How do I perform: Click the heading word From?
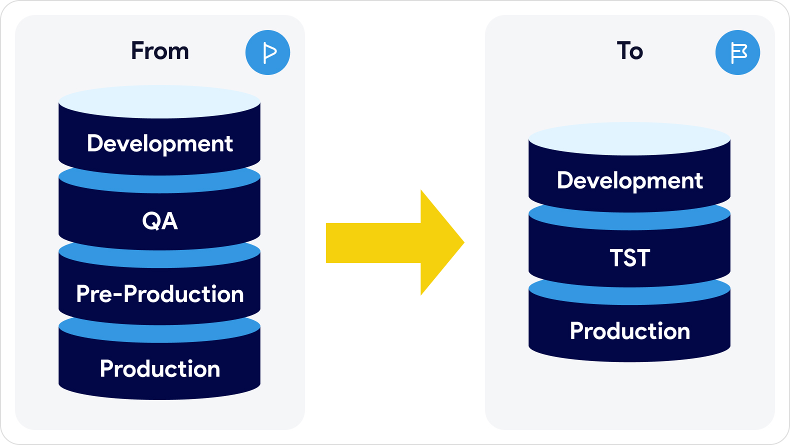(x=160, y=51)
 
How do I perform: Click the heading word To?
(x=629, y=51)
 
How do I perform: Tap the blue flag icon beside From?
(x=268, y=52)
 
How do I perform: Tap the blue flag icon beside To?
(x=738, y=52)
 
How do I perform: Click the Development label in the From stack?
(x=160, y=143)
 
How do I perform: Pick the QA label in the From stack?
(x=160, y=220)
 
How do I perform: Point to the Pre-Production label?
(x=160, y=294)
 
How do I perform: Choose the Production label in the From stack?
(x=160, y=369)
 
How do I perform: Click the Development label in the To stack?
(x=629, y=180)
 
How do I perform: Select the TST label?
(x=629, y=258)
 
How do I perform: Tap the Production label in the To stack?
(x=629, y=331)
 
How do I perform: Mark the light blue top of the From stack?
(x=160, y=102)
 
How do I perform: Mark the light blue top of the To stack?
(x=629, y=139)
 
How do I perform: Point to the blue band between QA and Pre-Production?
(x=160, y=259)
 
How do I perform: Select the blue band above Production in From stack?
(x=160, y=334)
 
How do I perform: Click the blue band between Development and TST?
(x=629, y=221)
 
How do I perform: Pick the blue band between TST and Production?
(x=629, y=296)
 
